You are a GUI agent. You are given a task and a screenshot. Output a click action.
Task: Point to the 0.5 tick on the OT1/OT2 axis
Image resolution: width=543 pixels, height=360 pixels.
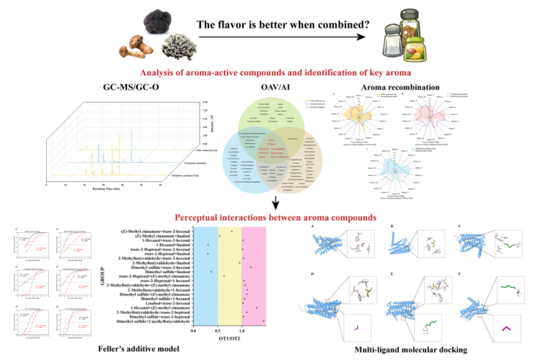coord(218,330)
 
